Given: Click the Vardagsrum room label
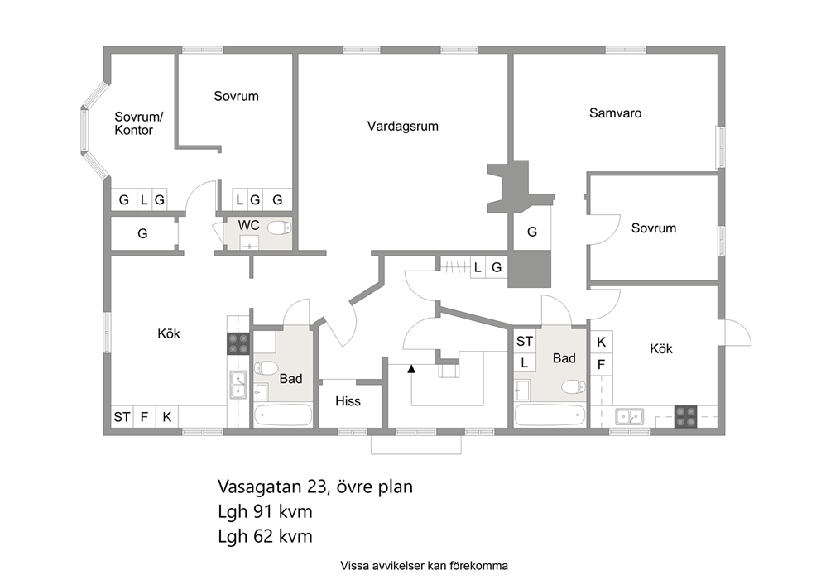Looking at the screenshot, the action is coord(403,126).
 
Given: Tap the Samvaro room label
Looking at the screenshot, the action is coord(615,113).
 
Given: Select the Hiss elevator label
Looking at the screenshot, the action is coord(348,401).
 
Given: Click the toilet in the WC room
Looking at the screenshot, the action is coord(280,228).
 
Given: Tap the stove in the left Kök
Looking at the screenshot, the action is coord(238,344).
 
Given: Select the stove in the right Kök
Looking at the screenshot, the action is coord(685,417).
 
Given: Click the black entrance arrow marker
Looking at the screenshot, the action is coord(411,369).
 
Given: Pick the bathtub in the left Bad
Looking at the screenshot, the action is coord(283,416).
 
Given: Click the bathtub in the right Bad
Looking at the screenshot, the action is coord(550,415).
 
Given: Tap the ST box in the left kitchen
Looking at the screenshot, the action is coord(122,417).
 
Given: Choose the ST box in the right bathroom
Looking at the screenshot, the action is coord(525,342).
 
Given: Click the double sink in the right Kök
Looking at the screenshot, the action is coord(630,417).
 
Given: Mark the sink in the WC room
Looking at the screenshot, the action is coord(249,242).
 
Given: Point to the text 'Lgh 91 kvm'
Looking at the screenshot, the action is coord(265,511).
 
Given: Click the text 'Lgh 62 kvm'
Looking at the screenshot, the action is coord(265,536).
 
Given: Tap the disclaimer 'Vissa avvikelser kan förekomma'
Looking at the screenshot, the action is coord(424,565).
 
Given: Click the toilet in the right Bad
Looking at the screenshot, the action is coord(574,387).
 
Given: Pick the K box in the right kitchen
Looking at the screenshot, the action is coord(602,342).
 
